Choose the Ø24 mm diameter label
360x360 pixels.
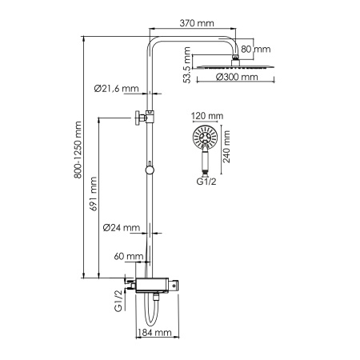point(122,227)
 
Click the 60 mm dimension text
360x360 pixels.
point(128,257)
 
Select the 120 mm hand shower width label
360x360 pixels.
point(205,116)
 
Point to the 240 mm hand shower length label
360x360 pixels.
point(227,146)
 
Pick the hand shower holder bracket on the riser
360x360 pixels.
point(141,118)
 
